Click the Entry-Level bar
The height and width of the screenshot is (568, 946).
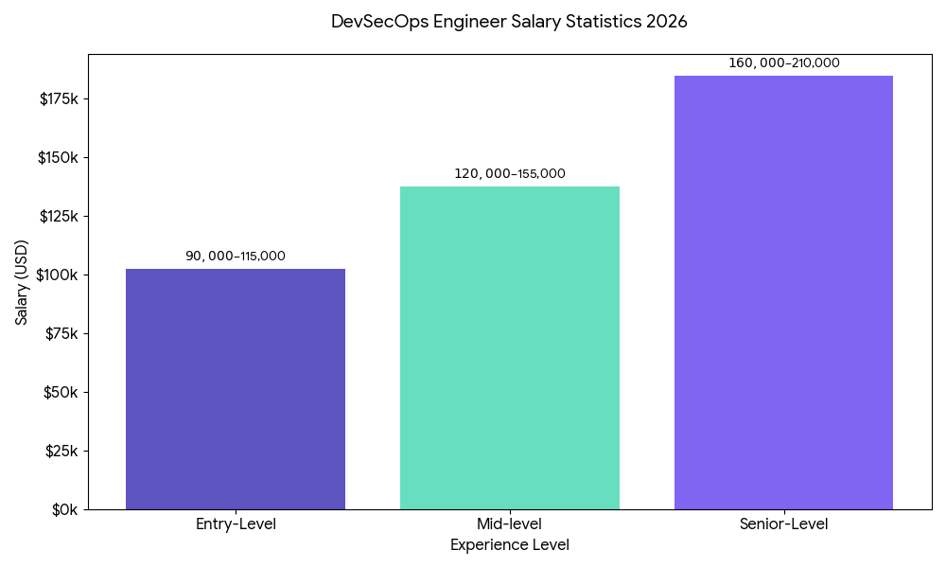236,389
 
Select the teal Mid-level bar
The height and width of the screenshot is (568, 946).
510,347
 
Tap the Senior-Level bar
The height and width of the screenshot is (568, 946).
783,293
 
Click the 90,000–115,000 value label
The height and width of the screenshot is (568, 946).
236,257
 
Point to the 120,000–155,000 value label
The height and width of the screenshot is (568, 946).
510,174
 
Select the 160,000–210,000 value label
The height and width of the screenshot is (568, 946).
783,63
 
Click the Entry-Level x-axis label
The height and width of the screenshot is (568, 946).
236,524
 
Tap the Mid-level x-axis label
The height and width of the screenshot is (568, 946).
510,524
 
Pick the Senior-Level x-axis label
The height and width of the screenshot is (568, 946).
783,524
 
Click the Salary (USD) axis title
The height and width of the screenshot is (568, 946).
22,282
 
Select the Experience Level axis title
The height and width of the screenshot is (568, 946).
510,545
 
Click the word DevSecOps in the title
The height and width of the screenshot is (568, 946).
378,22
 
